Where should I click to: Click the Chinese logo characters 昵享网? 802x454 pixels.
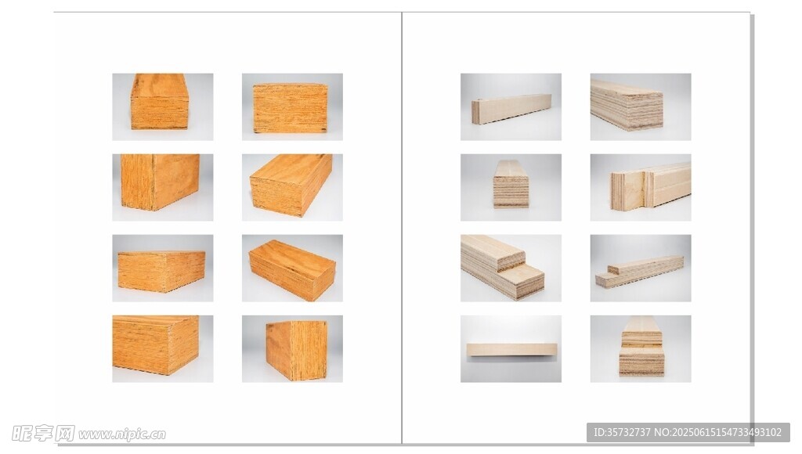click(x=44, y=433)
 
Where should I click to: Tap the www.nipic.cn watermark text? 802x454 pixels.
click(x=122, y=434)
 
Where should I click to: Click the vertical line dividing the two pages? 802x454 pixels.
click(x=402, y=228)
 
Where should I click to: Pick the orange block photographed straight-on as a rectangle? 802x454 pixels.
click(x=290, y=108)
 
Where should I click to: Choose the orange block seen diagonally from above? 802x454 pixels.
click(x=292, y=269)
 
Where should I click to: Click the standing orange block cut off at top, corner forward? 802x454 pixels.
click(x=160, y=182)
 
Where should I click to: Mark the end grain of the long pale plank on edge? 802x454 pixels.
click(x=476, y=112)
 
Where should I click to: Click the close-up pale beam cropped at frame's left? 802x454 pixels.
click(x=627, y=105)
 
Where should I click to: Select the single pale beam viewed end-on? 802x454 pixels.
click(x=511, y=184)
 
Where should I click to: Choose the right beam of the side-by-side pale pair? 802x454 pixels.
click(x=667, y=184)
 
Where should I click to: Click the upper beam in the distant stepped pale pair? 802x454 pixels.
click(x=645, y=266)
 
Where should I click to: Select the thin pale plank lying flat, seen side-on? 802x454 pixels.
click(x=511, y=350)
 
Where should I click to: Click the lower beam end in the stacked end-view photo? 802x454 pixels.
click(x=641, y=362)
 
